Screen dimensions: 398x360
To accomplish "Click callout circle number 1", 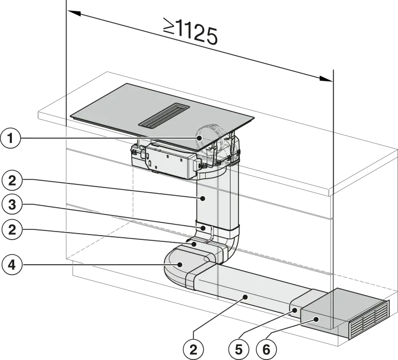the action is (x=10, y=139).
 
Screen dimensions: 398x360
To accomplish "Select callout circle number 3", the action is (x=12, y=205).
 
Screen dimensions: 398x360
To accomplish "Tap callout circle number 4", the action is (x=12, y=265).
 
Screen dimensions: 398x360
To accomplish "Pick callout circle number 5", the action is (x=238, y=350).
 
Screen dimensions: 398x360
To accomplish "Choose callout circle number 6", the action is (x=266, y=350).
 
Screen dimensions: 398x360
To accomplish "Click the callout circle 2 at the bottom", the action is (x=193, y=350).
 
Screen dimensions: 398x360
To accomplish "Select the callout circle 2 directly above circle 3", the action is (x=12, y=181).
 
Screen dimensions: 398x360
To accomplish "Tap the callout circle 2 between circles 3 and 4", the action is (x=12, y=230).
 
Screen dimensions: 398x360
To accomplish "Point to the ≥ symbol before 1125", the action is (x=169, y=25).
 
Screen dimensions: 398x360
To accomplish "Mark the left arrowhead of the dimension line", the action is (x=75, y=13).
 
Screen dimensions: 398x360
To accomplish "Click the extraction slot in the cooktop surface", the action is (x=164, y=116).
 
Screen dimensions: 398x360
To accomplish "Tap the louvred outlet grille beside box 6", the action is (x=369, y=321).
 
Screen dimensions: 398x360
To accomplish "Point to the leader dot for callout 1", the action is (x=200, y=138).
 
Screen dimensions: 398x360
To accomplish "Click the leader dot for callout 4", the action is (x=180, y=265).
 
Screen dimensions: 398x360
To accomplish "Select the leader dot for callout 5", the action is (x=295, y=310).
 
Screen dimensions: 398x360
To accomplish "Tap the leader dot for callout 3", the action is (x=203, y=228).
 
